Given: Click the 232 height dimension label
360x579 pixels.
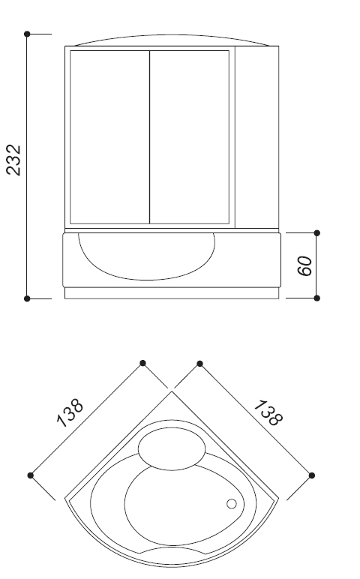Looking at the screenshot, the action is (x=14, y=160).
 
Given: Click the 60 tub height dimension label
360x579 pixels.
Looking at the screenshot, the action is (x=305, y=265).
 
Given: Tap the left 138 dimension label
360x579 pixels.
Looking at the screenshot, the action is (x=70, y=412).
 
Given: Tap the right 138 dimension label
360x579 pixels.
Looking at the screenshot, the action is (x=268, y=412).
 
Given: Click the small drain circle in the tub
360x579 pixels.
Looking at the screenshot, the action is (x=232, y=504).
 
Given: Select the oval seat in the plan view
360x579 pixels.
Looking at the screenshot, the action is (x=172, y=449).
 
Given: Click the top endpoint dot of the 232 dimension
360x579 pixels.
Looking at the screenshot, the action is (x=27, y=34).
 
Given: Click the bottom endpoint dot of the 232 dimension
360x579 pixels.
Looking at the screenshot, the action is (x=27, y=298).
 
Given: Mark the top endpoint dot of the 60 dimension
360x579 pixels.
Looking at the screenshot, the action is (x=316, y=233).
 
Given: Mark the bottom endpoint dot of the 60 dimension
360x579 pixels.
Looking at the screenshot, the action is (x=316, y=298).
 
